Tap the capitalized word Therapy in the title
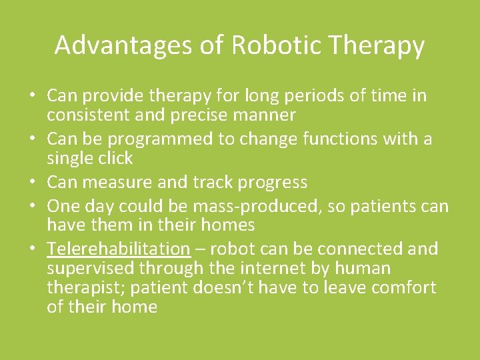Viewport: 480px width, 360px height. [x=378, y=45]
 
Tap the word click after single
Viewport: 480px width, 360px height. [x=114, y=159]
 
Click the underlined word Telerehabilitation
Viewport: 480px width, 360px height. [x=119, y=249]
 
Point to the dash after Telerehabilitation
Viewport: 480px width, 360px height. [x=199, y=249]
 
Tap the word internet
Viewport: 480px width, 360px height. [x=259, y=269]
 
